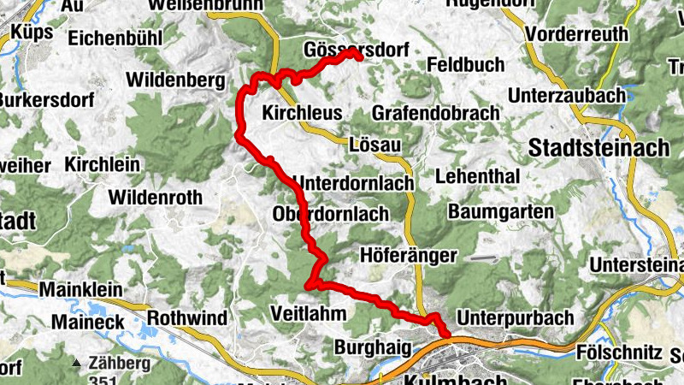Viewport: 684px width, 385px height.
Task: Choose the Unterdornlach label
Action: (353, 183)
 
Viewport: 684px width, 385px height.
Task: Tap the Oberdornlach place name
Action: (330, 213)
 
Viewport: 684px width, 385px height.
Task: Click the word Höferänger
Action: (410, 255)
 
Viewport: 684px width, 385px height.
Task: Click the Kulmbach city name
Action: (445, 378)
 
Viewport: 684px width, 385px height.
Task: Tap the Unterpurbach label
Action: (516, 317)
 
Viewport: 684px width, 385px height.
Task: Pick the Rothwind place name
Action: (187, 318)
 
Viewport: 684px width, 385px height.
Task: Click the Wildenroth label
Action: (155, 198)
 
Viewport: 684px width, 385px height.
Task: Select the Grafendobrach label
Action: (435, 113)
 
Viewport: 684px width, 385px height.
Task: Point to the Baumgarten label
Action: (500, 210)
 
